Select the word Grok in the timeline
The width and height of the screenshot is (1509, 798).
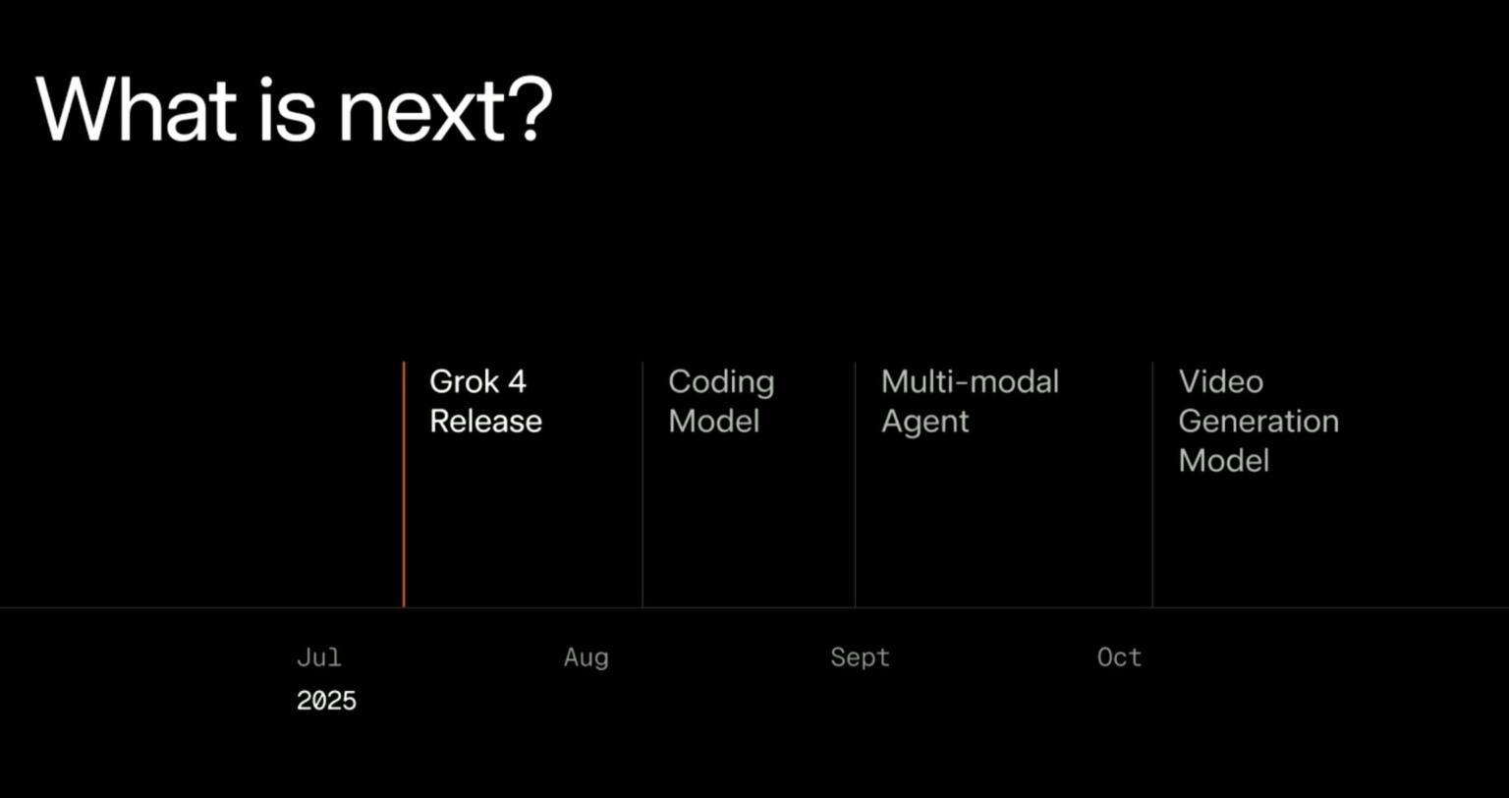(465, 381)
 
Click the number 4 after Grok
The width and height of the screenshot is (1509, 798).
(517, 381)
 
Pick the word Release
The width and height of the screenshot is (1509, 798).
(485, 422)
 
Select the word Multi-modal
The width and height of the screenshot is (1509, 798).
(970, 381)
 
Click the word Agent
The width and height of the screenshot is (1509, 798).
(924, 423)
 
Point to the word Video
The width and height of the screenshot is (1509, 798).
(1220, 381)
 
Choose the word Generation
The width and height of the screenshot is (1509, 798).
(1257, 422)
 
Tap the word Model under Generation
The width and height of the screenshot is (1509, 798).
(1223, 460)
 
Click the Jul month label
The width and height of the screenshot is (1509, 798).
(318, 657)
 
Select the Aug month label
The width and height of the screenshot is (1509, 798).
(586, 658)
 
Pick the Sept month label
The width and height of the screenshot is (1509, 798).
(860, 658)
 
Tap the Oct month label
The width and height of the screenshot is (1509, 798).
(1119, 657)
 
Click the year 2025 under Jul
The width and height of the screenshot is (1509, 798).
(326, 701)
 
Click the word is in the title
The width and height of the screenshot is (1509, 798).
(287, 109)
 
